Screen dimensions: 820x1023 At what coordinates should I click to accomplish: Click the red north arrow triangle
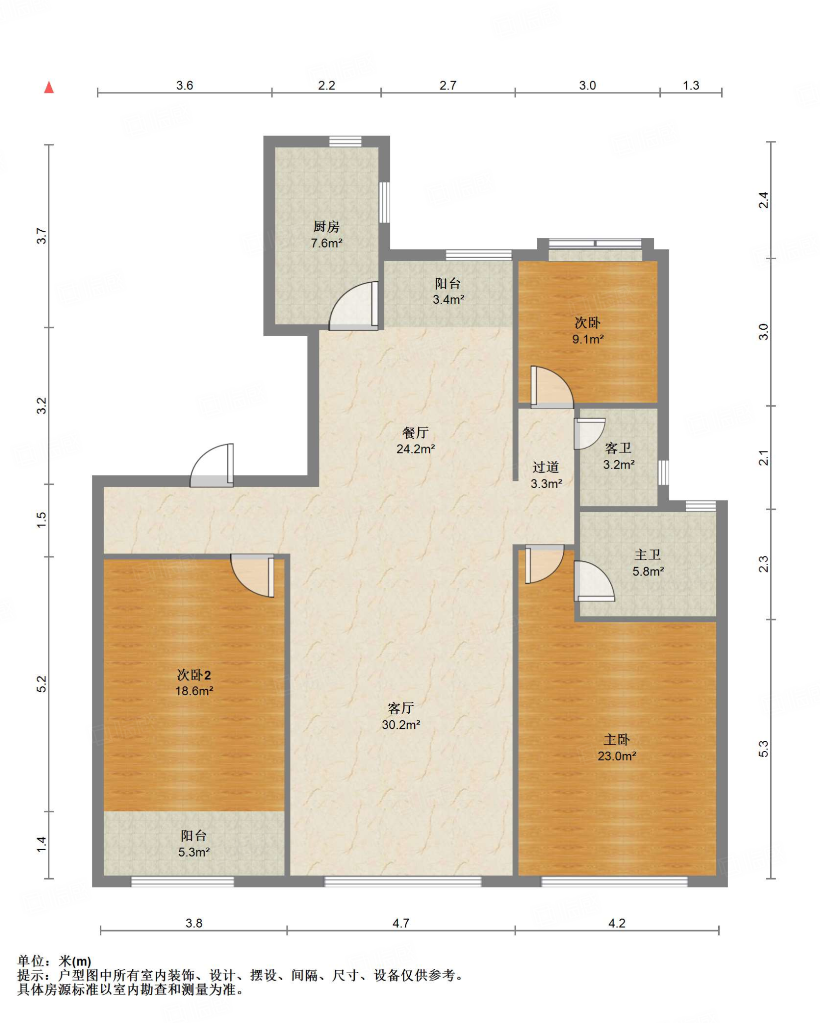49,87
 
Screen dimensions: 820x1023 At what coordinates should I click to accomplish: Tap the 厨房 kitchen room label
326,227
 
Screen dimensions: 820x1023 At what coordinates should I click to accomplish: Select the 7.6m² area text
326,243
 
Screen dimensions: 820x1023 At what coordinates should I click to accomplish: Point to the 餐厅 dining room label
415,433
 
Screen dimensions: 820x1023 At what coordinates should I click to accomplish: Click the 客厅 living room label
401,708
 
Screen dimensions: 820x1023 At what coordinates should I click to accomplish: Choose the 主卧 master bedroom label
617,739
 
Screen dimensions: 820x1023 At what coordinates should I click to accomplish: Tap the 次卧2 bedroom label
194,675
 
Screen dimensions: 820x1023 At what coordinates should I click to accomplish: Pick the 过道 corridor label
546,467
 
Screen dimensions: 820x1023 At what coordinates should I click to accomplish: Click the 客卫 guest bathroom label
618,448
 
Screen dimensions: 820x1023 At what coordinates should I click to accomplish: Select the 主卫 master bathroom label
648,554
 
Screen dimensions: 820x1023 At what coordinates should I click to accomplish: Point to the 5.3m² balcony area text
194,852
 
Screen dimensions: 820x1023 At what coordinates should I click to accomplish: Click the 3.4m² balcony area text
448,300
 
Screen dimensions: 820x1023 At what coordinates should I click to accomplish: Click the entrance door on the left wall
212,465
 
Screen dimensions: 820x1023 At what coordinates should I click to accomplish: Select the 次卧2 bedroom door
253,575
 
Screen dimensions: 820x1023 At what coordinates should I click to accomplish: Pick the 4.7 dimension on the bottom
401,923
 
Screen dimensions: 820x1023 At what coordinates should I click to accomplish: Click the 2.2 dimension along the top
326,85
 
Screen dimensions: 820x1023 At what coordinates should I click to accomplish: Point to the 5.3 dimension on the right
764,748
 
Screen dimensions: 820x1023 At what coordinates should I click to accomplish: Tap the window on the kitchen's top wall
345,141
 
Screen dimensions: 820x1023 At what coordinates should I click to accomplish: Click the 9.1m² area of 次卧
588,339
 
